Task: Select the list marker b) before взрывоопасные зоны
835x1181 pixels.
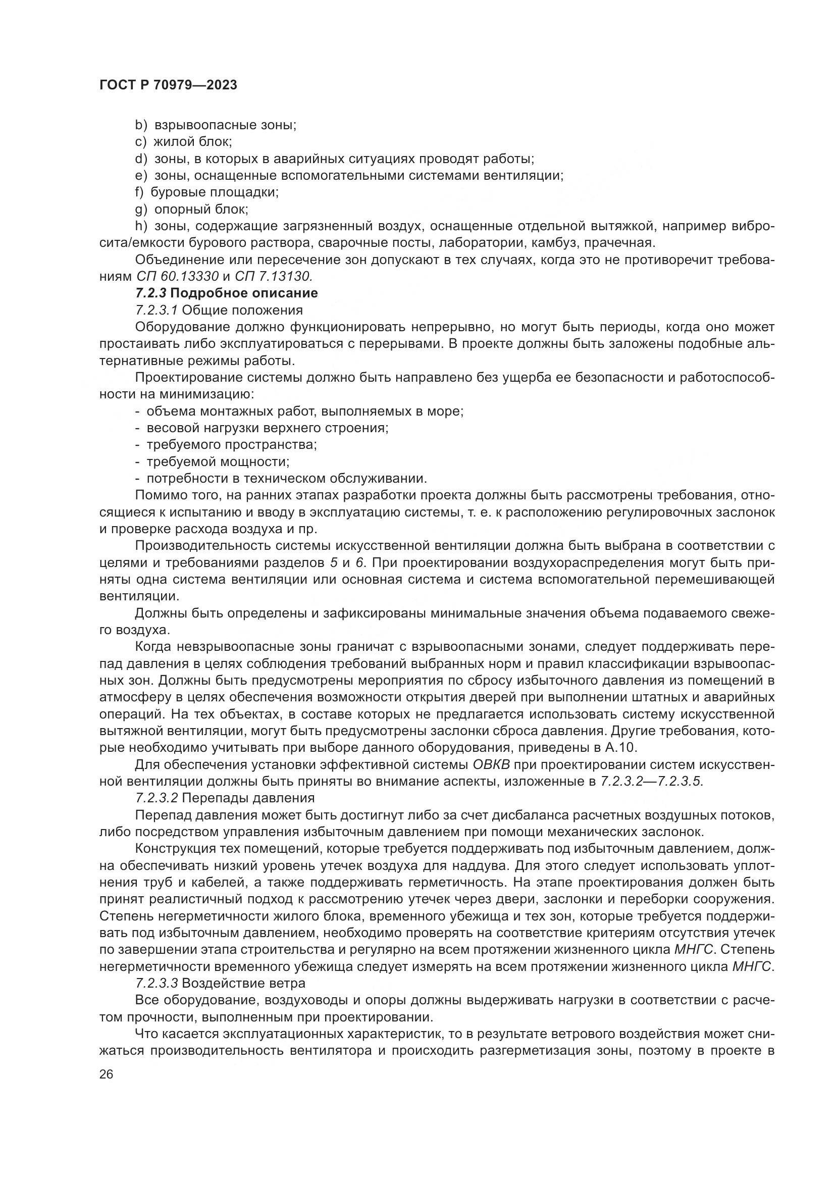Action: tap(141, 125)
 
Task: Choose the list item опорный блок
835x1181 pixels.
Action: tap(201, 210)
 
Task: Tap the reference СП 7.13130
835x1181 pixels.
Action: tap(274, 277)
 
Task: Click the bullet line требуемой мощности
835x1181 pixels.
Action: tap(218, 461)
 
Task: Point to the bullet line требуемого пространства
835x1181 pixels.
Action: tap(231, 444)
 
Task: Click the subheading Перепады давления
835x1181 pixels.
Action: tap(248, 798)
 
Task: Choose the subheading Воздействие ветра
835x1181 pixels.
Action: tap(243, 983)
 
